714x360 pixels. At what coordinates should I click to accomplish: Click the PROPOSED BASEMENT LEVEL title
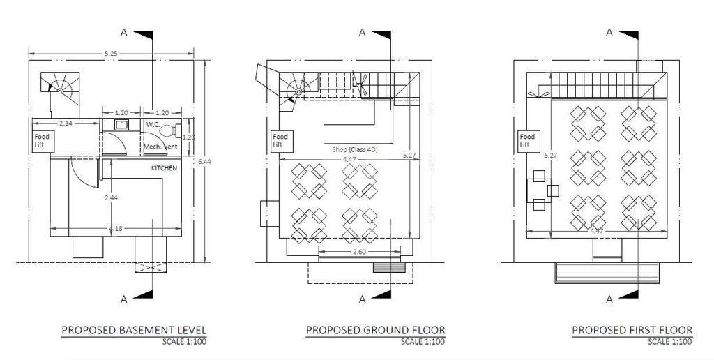pyautogui.click(x=134, y=330)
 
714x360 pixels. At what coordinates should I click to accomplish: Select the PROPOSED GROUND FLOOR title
pyautogui.click(x=375, y=330)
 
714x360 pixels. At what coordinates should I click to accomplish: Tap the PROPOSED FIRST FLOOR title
pyautogui.click(x=632, y=330)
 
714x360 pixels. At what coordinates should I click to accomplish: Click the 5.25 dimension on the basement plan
pyautogui.click(x=110, y=54)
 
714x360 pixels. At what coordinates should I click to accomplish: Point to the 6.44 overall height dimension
pyautogui.click(x=203, y=161)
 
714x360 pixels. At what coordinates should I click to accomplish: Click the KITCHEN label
pyautogui.click(x=164, y=169)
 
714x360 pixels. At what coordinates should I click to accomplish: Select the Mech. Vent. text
pyautogui.click(x=162, y=147)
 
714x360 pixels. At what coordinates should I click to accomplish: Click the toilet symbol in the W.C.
pyautogui.click(x=169, y=130)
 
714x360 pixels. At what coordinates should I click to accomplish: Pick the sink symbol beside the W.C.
pyautogui.click(x=121, y=125)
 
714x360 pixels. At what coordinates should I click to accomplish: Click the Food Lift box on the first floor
pyautogui.click(x=528, y=141)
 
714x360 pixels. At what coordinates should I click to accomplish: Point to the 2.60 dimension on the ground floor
pyautogui.click(x=360, y=251)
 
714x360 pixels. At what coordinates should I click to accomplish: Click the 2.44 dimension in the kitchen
pyautogui.click(x=110, y=199)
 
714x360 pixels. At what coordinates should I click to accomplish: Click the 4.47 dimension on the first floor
pyautogui.click(x=597, y=230)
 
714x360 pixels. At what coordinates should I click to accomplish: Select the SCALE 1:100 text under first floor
pyautogui.click(x=670, y=342)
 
